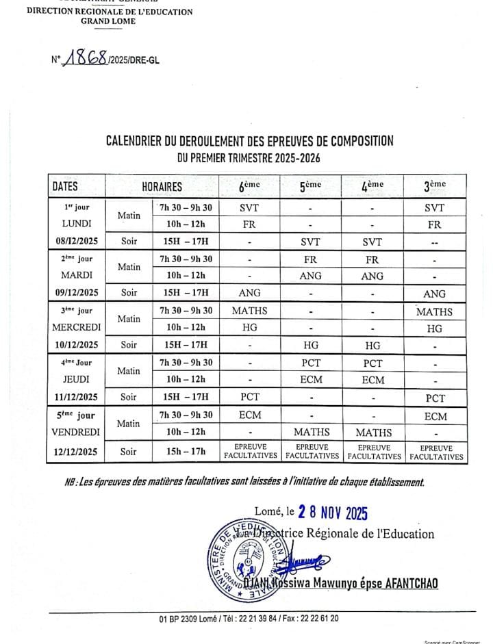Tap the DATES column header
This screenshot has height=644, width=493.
(x=65, y=186)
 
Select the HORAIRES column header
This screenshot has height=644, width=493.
(x=162, y=186)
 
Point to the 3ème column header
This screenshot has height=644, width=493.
(x=435, y=185)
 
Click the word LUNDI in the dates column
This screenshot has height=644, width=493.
(x=76, y=224)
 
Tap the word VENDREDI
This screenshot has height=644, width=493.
(x=76, y=433)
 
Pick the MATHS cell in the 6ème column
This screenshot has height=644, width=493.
(x=249, y=311)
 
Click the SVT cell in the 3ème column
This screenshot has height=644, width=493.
(x=435, y=208)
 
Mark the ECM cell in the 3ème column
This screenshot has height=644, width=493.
(x=435, y=416)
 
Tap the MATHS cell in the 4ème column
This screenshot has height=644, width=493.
(x=374, y=433)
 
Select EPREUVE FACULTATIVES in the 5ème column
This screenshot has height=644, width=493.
(x=312, y=451)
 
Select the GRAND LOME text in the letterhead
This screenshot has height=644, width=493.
(x=109, y=21)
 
